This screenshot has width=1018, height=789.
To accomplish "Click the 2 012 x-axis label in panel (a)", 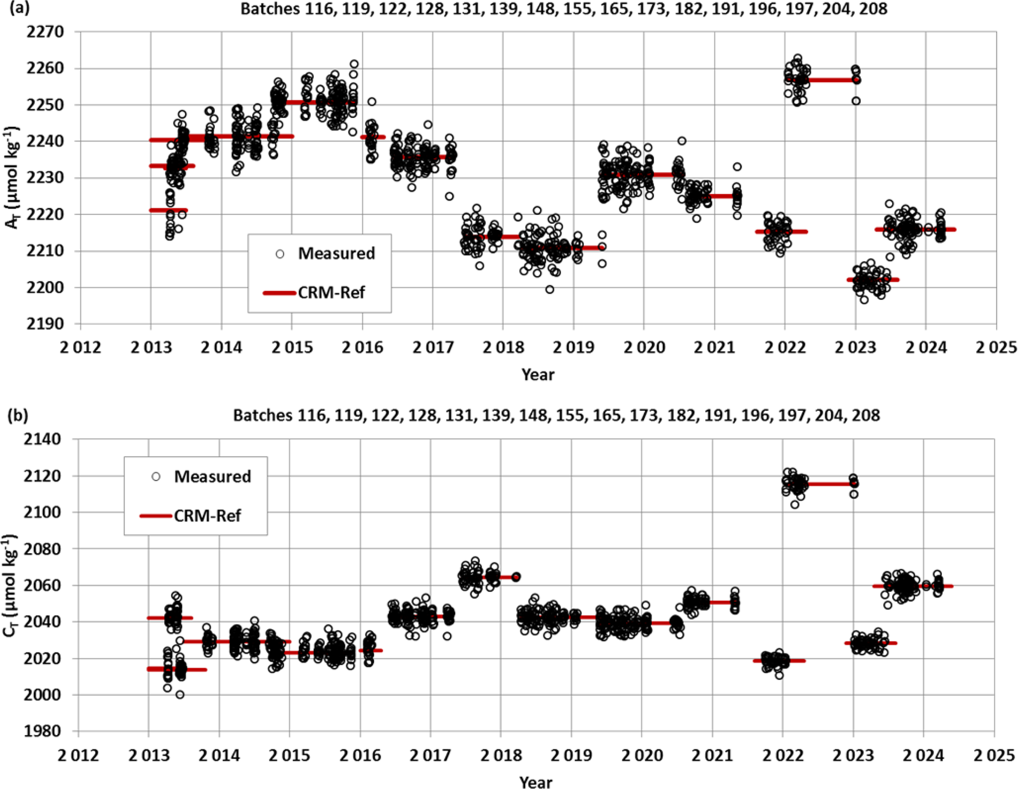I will [80, 348].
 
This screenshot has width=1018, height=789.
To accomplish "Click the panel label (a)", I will [18, 8].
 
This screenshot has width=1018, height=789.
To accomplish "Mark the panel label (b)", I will [18, 415].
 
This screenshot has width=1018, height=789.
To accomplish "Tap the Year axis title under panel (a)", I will [538, 375].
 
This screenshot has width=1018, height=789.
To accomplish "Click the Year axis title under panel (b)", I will [536, 782].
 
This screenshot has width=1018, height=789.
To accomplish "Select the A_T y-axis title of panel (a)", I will [12, 178].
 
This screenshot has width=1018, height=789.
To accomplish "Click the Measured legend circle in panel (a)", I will [280, 254].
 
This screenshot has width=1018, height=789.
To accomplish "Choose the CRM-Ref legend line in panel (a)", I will [279, 293].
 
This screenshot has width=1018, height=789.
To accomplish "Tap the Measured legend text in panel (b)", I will [212, 477].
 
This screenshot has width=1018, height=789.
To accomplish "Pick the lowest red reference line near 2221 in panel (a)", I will [168, 210].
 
